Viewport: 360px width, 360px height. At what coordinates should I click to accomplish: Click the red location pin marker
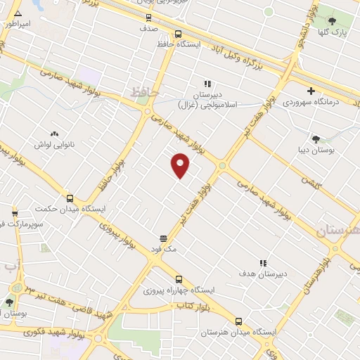(181, 165)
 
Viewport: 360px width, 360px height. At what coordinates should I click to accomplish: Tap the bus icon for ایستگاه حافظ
(178, 33)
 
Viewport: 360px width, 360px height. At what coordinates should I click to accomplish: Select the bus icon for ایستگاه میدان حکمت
(69, 198)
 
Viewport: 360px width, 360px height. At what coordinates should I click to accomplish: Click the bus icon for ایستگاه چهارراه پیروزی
(179, 279)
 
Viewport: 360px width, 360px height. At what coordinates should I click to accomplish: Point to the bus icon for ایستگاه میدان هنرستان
(238, 321)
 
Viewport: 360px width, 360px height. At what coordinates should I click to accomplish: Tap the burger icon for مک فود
(163, 238)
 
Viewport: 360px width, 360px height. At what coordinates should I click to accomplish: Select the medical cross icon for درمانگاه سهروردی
(311, 91)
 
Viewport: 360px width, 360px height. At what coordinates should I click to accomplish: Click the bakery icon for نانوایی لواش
(54, 133)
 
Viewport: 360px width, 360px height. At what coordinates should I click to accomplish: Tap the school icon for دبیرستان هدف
(263, 263)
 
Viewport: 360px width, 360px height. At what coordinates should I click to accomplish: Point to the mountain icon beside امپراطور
(18, 13)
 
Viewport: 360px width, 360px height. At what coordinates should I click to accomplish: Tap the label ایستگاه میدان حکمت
(70, 209)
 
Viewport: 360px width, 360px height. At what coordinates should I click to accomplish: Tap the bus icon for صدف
(148, 17)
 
